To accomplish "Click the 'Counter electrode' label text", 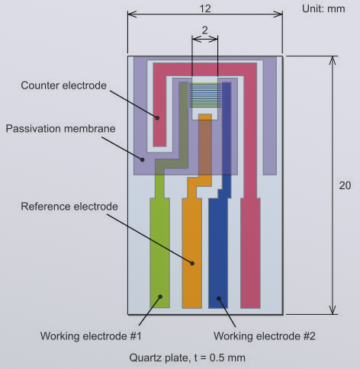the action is coord(63,85).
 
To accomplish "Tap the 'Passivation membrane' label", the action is coord(60,129).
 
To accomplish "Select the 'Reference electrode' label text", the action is coord(69,207).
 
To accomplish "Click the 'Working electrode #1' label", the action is coord(91,336).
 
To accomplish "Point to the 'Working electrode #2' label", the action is coord(265,336).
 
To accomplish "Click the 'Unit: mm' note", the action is coord(323,9).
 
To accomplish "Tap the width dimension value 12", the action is coord(205,9).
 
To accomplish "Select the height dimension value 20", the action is coord(345,185).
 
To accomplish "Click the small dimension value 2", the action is coord(204,30).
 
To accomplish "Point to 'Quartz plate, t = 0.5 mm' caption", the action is coord(188,358).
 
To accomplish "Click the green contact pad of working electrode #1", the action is coord(159,253).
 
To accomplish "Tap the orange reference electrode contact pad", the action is coord(192,253).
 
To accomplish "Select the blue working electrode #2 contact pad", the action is coord(218,253).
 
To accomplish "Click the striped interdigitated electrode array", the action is coord(205,95).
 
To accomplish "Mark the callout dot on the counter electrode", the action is coord(157,118).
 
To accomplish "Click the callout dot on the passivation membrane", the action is coord(143,160).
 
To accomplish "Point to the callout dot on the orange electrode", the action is coord(192,264).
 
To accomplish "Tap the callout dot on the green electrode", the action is coord(160,297).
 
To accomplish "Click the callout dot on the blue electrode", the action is coord(219,298).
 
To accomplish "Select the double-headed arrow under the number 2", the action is coord(205,39).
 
